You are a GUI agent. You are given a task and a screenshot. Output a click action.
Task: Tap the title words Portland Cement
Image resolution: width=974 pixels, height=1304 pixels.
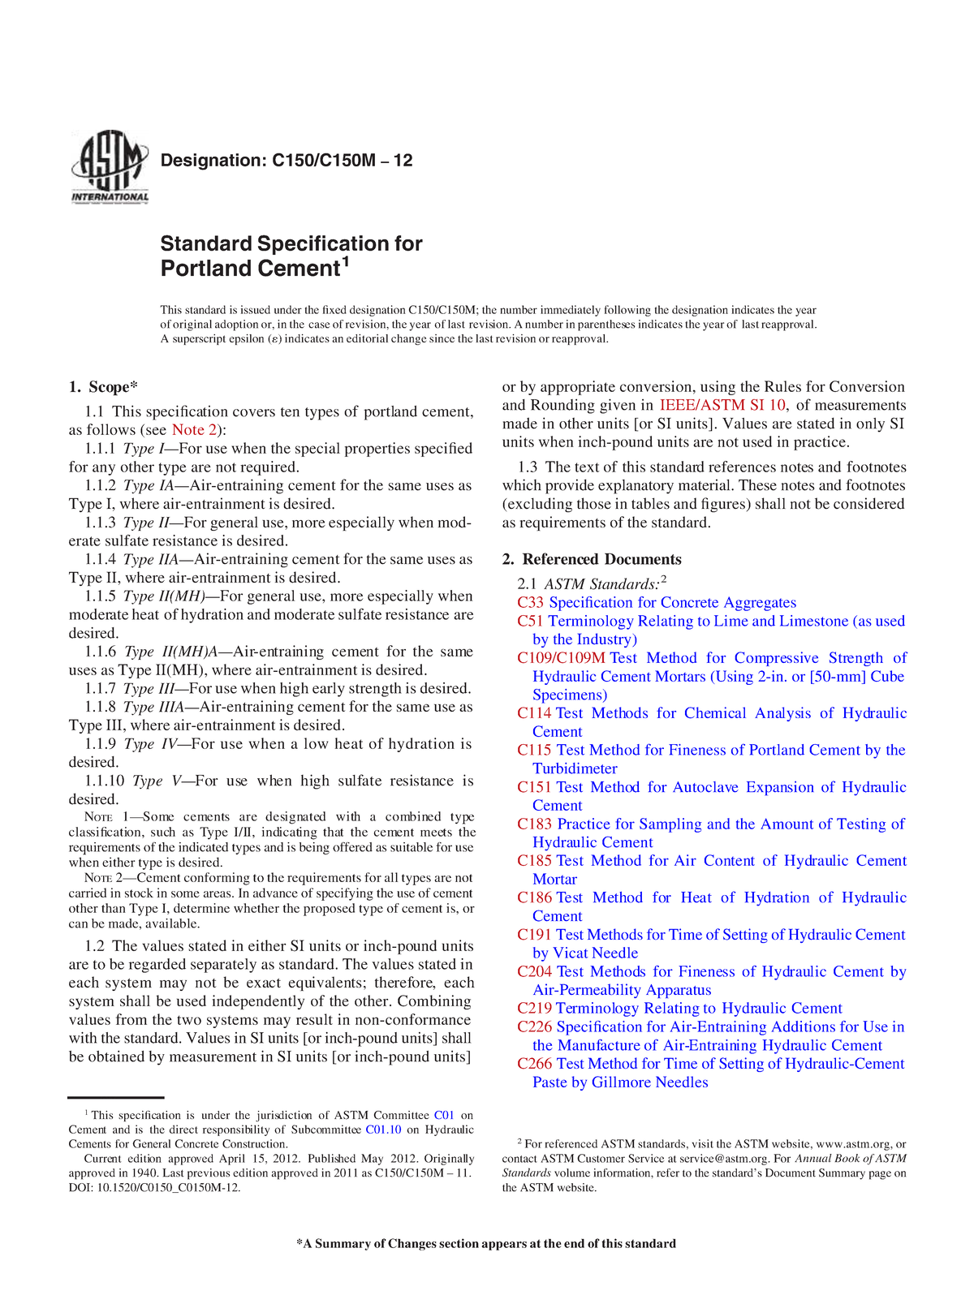coord(249,269)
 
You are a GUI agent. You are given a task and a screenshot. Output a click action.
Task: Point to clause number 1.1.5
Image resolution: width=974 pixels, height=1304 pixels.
coord(101,596)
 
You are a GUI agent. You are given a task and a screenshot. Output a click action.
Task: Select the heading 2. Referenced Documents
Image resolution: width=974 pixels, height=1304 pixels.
coord(592,559)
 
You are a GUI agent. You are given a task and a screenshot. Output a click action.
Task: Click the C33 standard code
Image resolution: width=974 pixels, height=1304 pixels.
coord(530,602)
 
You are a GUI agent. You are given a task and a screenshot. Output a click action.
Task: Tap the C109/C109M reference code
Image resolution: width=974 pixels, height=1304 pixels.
coord(561,658)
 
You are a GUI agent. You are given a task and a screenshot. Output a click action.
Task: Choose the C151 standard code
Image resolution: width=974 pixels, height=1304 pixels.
coord(534,787)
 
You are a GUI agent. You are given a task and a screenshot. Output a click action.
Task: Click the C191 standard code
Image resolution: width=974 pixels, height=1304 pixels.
coord(534,935)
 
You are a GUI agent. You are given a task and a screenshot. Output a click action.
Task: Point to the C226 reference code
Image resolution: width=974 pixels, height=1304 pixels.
coord(534,1026)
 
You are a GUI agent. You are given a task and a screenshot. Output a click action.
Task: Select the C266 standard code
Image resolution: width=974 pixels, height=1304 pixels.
coord(534,1064)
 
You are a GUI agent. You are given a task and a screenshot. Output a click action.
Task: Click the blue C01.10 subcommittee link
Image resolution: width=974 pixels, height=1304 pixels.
coord(383,1130)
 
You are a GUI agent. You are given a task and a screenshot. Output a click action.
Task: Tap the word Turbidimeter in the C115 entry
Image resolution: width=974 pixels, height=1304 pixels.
coord(575,768)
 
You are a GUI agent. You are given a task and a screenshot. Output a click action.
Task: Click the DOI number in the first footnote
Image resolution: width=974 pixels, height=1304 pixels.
coord(166,1188)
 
